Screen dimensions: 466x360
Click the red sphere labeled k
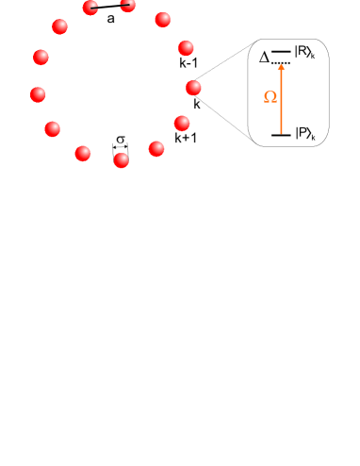194,88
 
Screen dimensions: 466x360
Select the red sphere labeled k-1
186,49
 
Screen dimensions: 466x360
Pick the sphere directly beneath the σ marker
121,160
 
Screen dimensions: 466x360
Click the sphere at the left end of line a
91,8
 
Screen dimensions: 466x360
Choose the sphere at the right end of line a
129,6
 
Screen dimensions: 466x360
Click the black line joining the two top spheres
110,8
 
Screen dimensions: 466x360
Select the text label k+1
187,141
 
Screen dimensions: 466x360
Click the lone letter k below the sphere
196,105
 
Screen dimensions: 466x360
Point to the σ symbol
120,139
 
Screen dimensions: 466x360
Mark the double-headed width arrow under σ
120,148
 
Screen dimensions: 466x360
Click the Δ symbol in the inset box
266,58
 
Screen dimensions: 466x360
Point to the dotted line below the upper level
281,62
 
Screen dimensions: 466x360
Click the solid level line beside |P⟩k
280,136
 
